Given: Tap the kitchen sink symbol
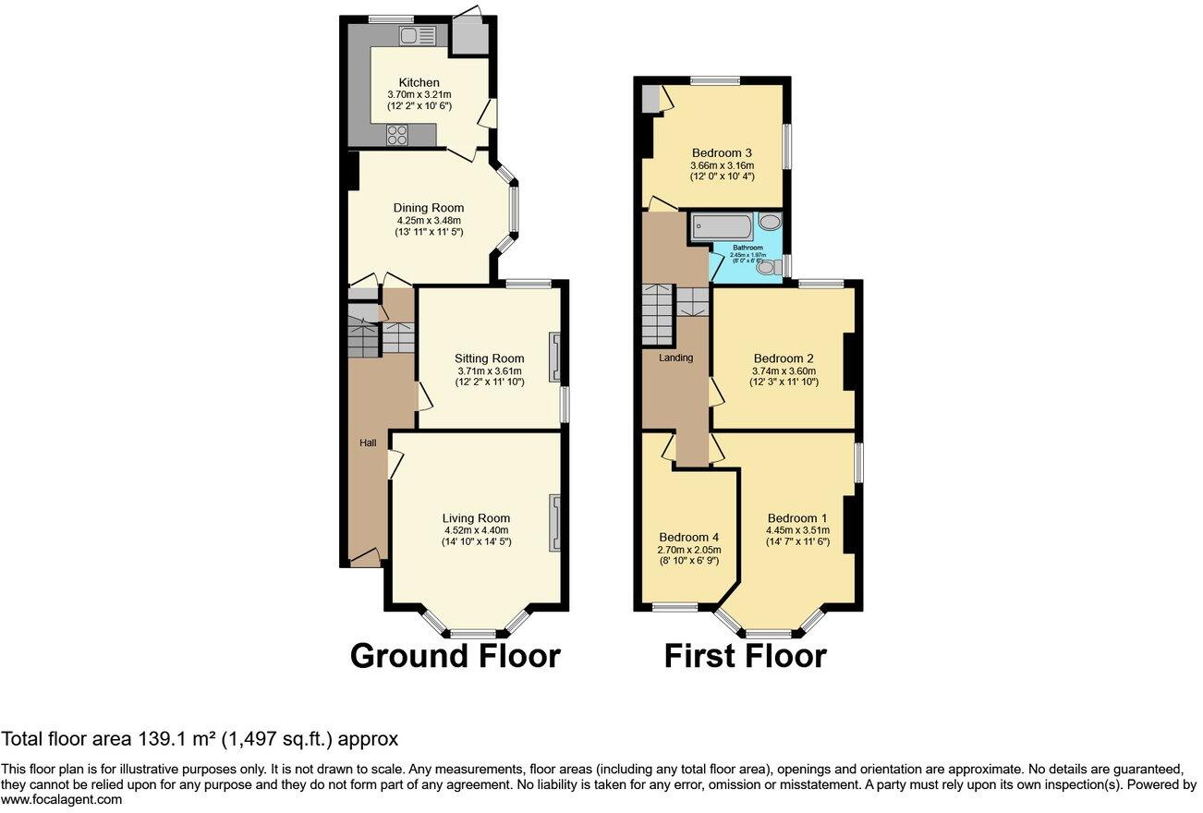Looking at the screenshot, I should pyautogui.click(x=419, y=36).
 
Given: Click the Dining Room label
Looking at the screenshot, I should pyautogui.click(x=429, y=208).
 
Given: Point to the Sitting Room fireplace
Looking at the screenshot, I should pyautogui.click(x=555, y=358).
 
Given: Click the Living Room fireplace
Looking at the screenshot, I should pyautogui.click(x=555, y=523).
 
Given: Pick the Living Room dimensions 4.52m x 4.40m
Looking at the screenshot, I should pyautogui.click(x=476, y=530).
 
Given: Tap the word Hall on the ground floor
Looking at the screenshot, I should pyautogui.click(x=368, y=443).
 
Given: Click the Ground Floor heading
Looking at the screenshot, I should pyautogui.click(x=455, y=656).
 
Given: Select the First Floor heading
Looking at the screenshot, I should pyautogui.click(x=745, y=656).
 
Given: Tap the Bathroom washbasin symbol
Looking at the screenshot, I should pyautogui.click(x=772, y=222).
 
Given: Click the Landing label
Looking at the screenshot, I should pyautogui.click(x=676, y=358).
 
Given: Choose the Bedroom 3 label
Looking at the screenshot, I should pyautogui.click(x=722, y=153).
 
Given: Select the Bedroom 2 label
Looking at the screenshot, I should pyautogui.click(x=784, y=358).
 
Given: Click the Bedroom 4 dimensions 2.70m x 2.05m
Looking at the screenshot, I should pyautogui.click(x=689, y=549).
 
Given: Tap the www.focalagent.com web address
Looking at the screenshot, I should pyautogui.click(x=61, y=800).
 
